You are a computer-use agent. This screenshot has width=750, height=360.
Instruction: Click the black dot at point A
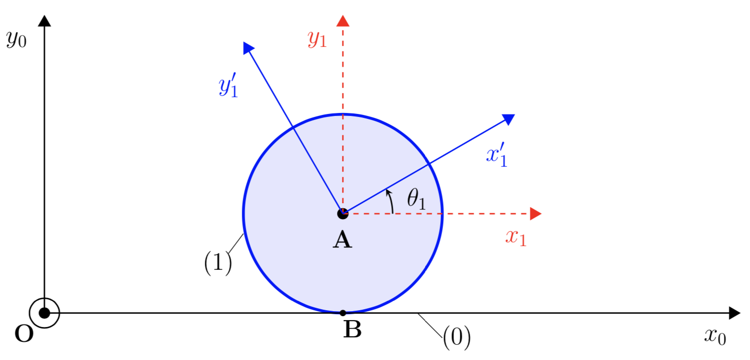(x=342, y=214)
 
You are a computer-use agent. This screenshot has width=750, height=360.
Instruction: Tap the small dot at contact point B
(x=343, y=313)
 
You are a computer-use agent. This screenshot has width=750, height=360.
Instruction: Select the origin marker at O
(x=44, y=313)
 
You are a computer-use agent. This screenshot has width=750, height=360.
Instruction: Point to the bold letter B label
(x=352, y=330)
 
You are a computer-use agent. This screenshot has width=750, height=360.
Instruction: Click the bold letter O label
(x=24, y=334)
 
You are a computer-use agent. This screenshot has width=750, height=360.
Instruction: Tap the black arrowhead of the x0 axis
(x=735, y=313)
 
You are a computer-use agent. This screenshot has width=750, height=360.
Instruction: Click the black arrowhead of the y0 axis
(x=44, y=21)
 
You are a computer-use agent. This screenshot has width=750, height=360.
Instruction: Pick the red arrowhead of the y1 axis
(x=342, y=21)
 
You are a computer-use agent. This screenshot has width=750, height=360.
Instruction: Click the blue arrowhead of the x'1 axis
(x=509, y=119)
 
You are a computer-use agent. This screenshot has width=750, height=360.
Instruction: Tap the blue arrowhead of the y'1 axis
(x=248, y=47)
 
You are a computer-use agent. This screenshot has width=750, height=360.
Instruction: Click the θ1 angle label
(x=416, y=199)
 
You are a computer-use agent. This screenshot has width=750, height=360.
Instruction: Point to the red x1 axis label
(x=516, y=237)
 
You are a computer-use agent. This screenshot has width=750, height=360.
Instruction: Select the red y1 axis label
(x=317, y=39)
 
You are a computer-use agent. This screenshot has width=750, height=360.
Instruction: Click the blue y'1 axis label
(x=228, y=86)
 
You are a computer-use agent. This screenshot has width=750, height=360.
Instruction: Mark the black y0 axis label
(x=16, y=39)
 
